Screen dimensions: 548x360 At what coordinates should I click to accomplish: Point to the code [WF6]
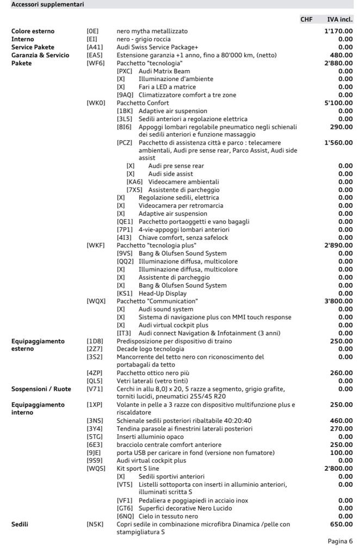coord(94,63)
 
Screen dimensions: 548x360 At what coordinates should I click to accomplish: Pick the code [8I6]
coord(125,126)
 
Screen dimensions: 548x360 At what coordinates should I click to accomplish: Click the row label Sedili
coord(20,524)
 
